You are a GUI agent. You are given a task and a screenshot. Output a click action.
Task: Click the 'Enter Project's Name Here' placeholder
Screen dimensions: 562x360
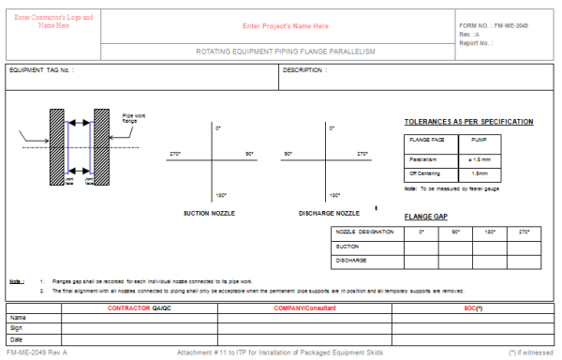[x=286, y=26]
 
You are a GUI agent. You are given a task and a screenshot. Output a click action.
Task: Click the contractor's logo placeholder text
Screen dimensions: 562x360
[x=53, y=22]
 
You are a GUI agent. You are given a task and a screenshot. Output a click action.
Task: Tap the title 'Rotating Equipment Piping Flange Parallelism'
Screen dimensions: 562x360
[x=285, y=52]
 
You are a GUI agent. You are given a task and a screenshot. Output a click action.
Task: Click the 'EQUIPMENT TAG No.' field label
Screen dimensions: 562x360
[x=41, y=70]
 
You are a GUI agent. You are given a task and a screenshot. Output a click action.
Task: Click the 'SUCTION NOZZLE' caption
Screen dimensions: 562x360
[x=208, y=213]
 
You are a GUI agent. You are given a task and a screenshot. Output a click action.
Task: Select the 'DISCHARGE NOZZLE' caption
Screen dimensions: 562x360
[x=328, y=213]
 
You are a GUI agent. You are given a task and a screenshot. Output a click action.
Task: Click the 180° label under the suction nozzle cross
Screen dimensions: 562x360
[x=218, y=195]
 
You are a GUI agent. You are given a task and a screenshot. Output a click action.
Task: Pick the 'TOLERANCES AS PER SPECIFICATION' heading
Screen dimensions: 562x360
[x=468, y=122]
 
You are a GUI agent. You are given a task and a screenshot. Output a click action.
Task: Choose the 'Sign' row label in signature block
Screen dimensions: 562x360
[x=17, y=328]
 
